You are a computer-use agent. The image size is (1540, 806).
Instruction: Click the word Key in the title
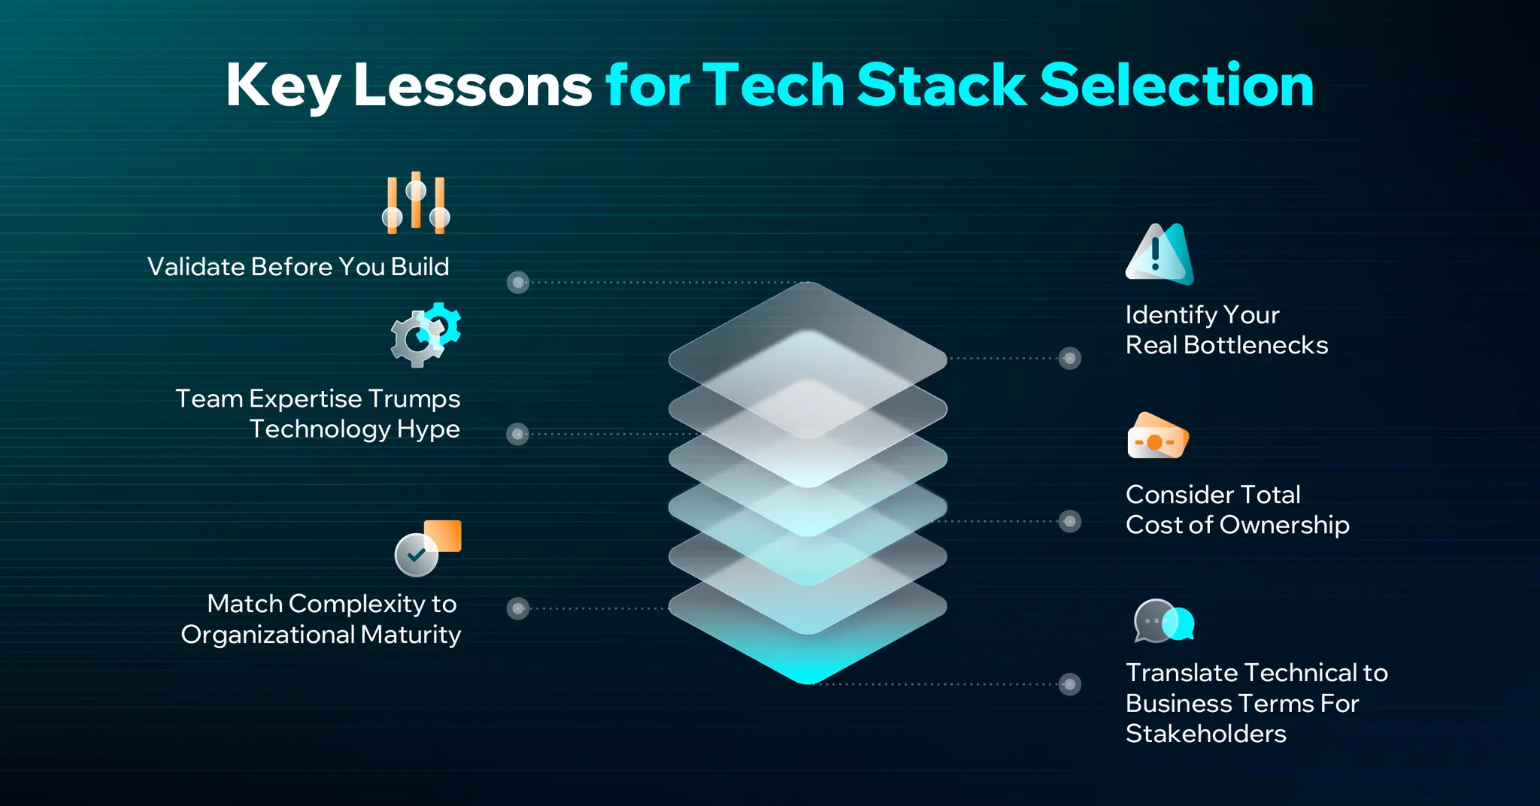283,86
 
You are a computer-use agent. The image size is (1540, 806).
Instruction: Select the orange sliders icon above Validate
415,203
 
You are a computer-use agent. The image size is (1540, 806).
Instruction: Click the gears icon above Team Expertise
425,335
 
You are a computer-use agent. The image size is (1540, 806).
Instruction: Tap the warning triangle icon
1159,254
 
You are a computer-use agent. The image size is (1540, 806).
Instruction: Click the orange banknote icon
1157,436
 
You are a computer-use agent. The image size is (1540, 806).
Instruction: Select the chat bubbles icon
1163,621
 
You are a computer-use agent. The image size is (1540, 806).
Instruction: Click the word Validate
196,267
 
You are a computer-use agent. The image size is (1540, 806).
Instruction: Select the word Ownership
1284,525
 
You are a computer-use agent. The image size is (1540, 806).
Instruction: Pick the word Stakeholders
1205,734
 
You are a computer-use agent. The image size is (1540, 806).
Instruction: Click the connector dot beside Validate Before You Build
518,283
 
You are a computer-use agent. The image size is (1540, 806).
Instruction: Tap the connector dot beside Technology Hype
517,434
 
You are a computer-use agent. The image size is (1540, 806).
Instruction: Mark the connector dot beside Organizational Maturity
517,608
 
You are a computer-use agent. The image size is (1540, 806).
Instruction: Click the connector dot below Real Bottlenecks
1069,359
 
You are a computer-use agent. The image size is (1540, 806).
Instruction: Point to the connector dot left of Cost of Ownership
1069,521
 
